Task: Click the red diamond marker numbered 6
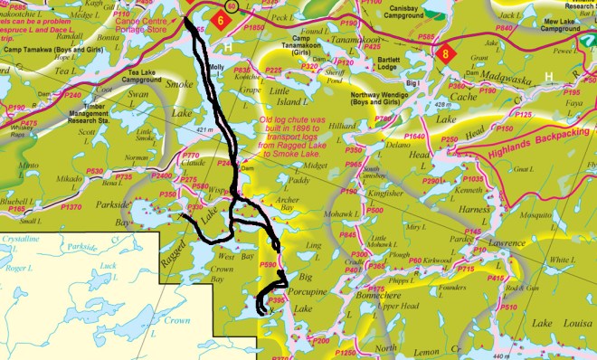[221, 19]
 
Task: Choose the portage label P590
[268, 265]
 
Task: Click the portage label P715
[466, 270]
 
